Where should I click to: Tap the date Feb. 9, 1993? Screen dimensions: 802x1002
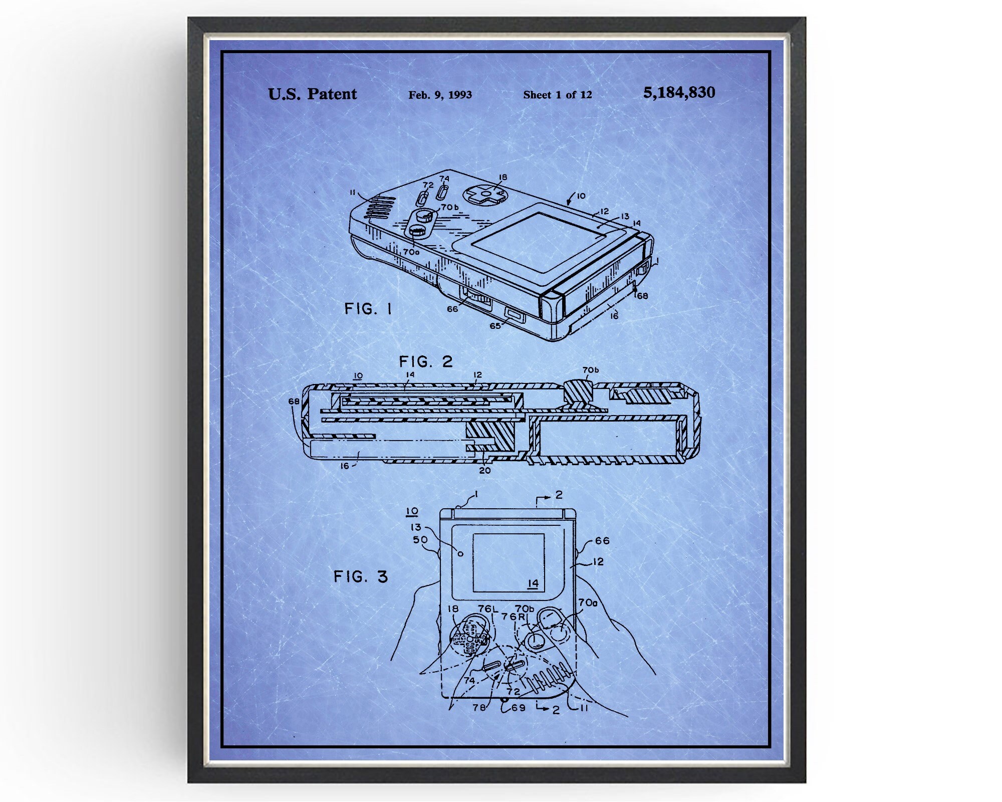point(440,95)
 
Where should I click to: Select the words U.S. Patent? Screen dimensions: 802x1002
point(313,94)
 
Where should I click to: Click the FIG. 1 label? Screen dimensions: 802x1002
point(368,309)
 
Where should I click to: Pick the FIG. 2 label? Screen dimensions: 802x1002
point(426,361)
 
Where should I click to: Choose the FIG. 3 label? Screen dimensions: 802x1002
point(361,576)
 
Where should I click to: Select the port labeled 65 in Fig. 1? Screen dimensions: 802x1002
point(515,315)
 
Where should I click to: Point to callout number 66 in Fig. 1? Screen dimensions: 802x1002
point(452,309)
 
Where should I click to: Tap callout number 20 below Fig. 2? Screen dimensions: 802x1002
point(484,470)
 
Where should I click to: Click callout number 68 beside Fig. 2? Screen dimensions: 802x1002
point(294,401)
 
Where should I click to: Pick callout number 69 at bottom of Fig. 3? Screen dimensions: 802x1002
point(519,708)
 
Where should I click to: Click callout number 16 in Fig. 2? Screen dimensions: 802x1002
point(345,466)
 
